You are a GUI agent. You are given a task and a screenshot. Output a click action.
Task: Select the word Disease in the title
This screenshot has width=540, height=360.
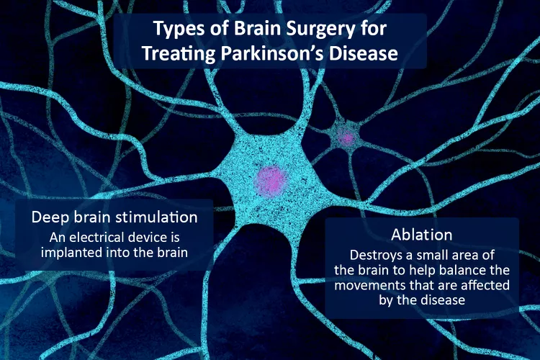(x=364, y=53)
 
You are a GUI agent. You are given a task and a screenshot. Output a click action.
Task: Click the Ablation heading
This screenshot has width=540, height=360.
(x=422, y=235)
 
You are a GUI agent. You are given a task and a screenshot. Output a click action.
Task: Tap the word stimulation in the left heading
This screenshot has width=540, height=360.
(x=156, y=217)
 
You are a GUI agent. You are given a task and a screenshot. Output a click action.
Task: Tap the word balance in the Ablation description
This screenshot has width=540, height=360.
(x=461, y=270)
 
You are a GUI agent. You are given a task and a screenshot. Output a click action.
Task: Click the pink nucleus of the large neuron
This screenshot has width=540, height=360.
(x=271, y=181)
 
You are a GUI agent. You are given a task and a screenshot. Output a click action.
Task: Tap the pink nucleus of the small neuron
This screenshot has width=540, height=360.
(x=346, y=137)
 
